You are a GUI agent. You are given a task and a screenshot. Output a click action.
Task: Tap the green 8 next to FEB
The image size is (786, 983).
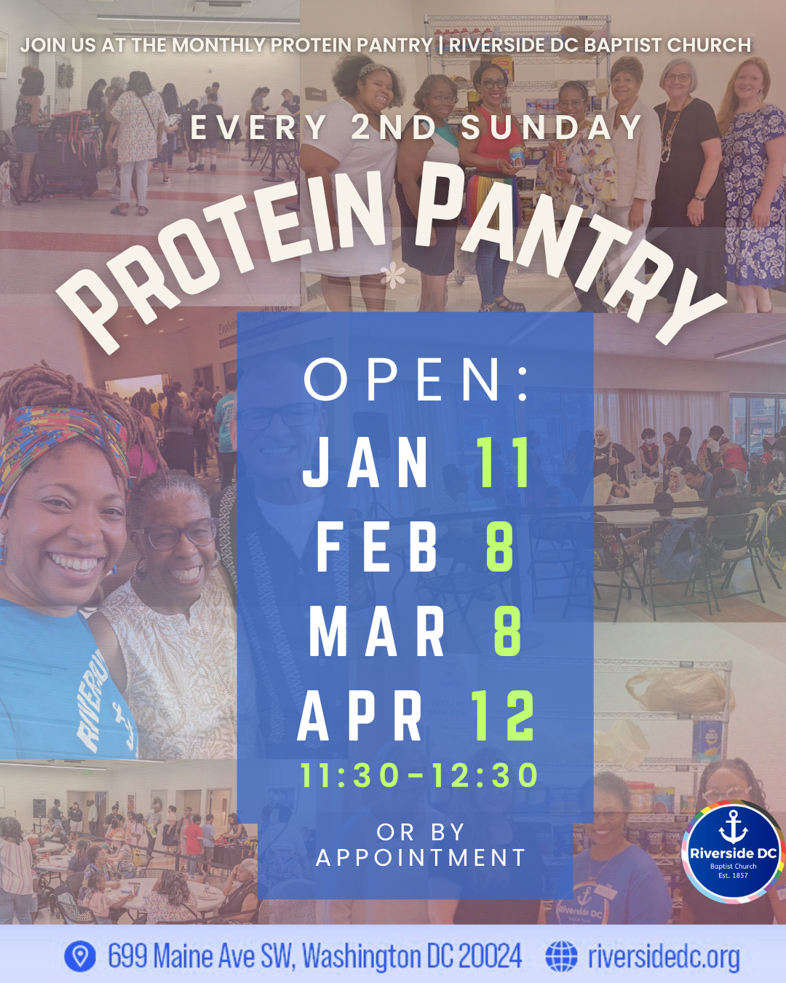500,547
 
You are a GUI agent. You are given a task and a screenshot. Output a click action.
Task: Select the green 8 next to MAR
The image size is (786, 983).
507,631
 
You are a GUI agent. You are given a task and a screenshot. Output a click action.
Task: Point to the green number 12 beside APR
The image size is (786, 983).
504,716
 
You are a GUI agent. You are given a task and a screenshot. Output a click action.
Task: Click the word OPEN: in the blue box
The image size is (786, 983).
416,379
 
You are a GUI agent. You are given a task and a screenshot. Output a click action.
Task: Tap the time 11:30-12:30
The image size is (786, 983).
419,775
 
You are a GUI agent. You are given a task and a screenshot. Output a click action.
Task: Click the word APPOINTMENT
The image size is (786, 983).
421,858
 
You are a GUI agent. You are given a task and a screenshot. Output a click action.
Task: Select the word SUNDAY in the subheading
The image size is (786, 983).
551,128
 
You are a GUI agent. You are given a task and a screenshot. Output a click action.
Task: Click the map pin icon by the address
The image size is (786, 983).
80,956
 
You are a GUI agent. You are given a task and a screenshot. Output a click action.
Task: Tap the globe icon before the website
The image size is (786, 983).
561,956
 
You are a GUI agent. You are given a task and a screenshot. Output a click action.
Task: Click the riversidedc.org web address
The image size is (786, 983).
664,957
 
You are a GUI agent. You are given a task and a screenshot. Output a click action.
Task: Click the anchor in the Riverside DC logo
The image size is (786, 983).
733,827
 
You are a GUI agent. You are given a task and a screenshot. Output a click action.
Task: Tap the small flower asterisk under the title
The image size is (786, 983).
393,277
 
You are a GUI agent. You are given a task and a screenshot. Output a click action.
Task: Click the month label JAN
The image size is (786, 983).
366,463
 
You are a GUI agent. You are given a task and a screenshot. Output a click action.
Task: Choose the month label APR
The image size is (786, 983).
361,716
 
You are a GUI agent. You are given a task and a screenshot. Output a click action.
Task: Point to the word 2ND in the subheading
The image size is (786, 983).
394,128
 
